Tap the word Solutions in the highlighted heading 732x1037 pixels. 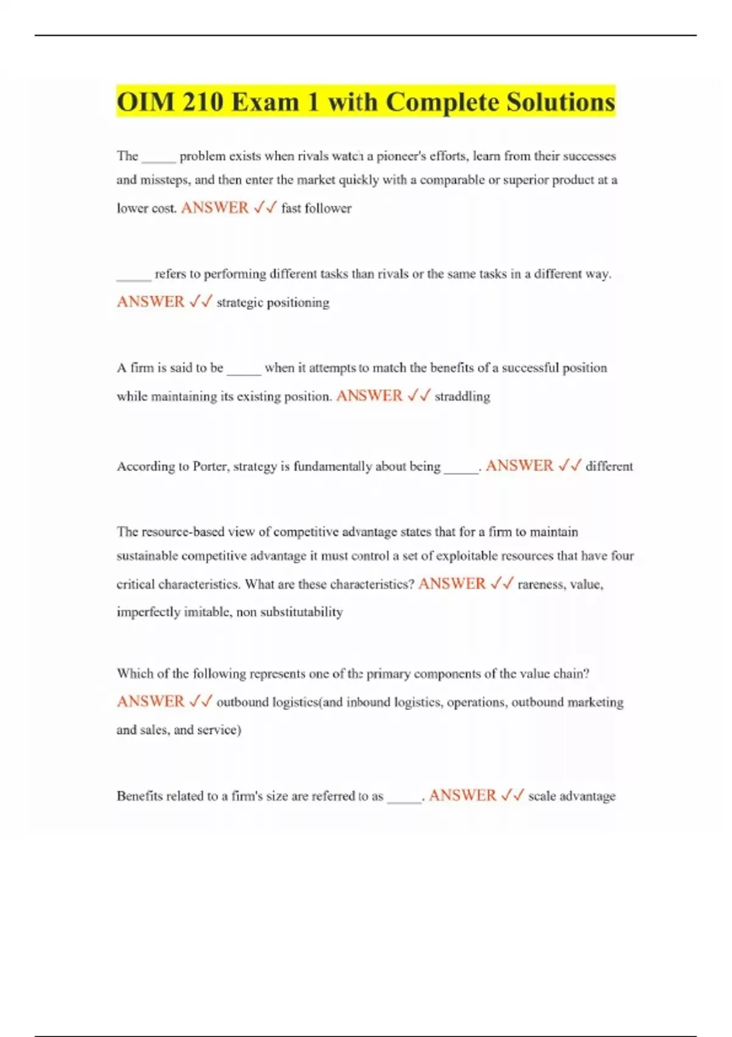pos(558,102)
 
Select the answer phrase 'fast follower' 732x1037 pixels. pos(316,209)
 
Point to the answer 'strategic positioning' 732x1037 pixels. pos(273,303)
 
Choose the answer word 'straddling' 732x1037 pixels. pos(462,396)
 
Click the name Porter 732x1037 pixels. pos(210,467)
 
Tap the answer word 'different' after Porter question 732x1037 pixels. pos(609,467)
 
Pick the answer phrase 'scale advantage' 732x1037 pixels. pos(572,796)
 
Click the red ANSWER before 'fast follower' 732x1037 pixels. pos(215,208)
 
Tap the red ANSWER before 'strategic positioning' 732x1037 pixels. pos(151,302)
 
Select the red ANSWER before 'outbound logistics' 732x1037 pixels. pos(151,701)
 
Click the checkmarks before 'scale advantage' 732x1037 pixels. pos(512,795)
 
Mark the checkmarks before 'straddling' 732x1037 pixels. pos(418,396)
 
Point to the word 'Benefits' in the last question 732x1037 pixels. pos(141,796)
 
